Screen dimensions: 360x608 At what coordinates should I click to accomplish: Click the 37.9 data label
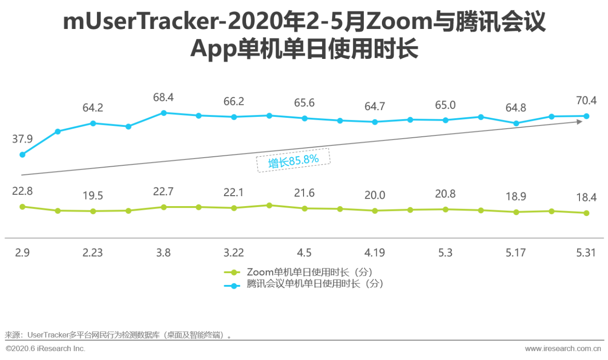pos(22,139)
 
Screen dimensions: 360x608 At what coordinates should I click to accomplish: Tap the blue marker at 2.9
pos(22,154)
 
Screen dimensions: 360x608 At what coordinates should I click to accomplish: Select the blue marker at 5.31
pos(586,116)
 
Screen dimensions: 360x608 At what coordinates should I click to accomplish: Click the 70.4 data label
pos(586,100)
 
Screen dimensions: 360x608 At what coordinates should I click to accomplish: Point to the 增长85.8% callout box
pos(293,161)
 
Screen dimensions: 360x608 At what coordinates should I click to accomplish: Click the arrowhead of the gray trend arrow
pos(579,122)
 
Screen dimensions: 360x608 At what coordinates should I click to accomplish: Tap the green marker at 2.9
pos(22,207)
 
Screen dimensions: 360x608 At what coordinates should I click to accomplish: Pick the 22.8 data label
pos(22,191)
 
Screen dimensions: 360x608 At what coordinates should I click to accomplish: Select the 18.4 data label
pos(586,197)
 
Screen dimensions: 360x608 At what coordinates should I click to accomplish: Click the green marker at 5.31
pos(586,213)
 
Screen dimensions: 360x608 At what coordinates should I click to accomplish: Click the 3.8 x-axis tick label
pos(163,253)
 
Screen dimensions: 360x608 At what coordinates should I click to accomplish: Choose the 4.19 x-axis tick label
pos(374,253)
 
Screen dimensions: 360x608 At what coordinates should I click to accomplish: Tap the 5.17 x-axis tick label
pos(515,253)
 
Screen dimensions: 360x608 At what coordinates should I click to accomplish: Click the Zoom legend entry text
pos(309,272)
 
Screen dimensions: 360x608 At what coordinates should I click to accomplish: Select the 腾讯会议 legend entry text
pos(314,284)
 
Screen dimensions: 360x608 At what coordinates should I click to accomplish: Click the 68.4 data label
pos(163,97)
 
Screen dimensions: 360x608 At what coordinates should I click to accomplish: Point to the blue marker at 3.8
pos(163,113)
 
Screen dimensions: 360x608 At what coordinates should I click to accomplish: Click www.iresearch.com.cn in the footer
pos(563,349)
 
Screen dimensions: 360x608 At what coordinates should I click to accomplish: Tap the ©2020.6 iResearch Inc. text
pos(46,349)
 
